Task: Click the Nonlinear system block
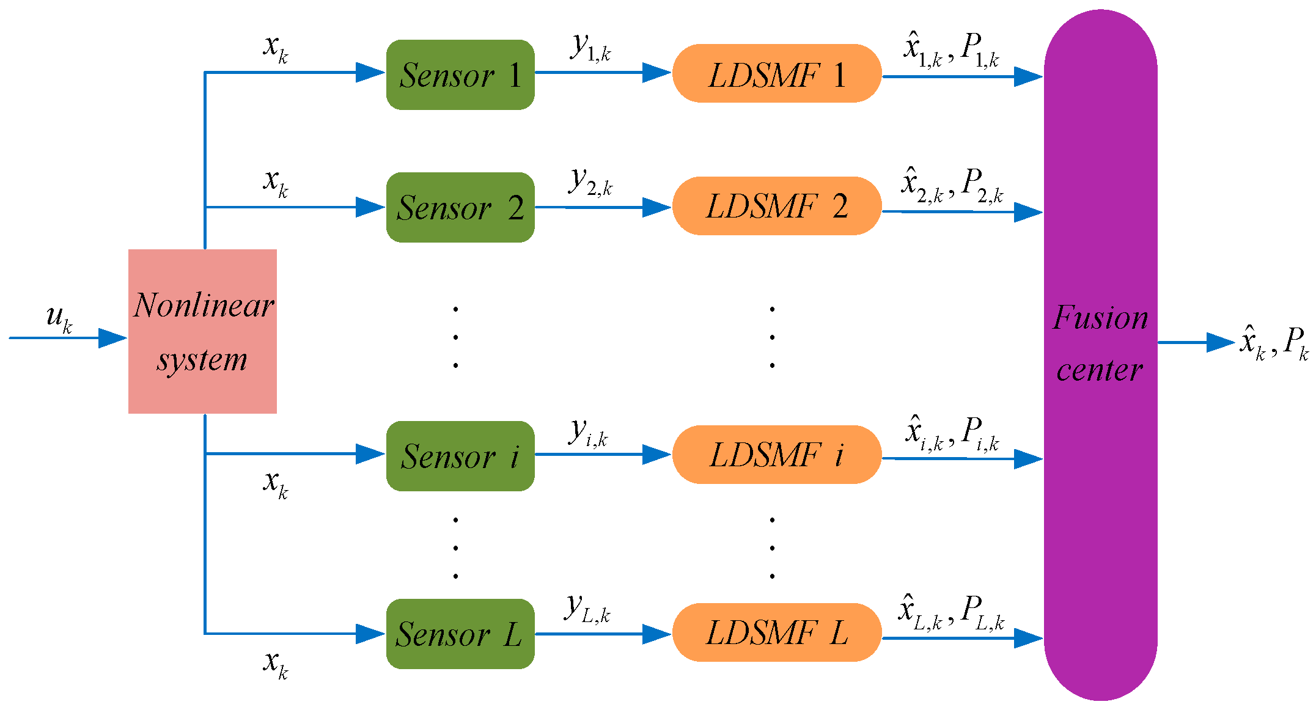[x=202, y=331]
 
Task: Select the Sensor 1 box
[x=460, y=75]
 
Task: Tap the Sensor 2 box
[x=460, y=207]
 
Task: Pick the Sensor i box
[x=460, y=456]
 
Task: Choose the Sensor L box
[x=460, y=634]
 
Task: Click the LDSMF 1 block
[x=776, y=73]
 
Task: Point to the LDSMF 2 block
[x=776, y=206]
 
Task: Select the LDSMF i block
[x=776, y=455]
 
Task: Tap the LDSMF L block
[x=776, y=632]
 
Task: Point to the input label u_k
[x=59, y=318]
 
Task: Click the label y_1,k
[x=590, y=46]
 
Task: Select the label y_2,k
[x=590, y=181]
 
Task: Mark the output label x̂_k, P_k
[x=1274, y=342]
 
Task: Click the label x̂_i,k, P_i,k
[x=952, y=433]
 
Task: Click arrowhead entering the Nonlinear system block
[x=112, y=338]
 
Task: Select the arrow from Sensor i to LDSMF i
[x=602, y=455]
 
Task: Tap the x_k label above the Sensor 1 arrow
[x=276, y=48]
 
